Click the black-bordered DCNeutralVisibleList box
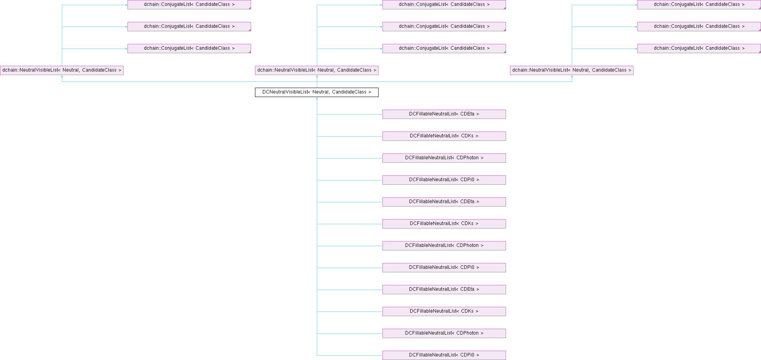click(316, 92)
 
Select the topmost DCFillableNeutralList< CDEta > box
click(444, 114)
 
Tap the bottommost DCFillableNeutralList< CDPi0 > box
click(444, 355)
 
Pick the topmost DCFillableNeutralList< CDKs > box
click(444, 136)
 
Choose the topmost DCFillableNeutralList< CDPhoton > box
click(444, 158)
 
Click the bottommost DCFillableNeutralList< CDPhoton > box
click(444, 333)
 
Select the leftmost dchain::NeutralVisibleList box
click(62, 70)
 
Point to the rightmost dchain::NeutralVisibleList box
click(571, 70)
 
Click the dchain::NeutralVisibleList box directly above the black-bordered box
click(316, 70)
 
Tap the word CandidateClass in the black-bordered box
click(349, 92)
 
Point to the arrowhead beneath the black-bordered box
click(317, 99)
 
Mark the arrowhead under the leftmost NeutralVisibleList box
click(62, 77)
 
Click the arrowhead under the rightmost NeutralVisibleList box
click(572, 77)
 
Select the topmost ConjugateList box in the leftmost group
click(189, 5)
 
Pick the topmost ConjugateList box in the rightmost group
click(699, 5)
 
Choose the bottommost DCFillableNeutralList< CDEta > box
click(444, 290)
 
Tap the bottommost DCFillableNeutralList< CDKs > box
click(444, 311)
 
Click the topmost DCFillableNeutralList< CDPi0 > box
click(444, 180)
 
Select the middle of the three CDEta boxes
click(444, 202)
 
